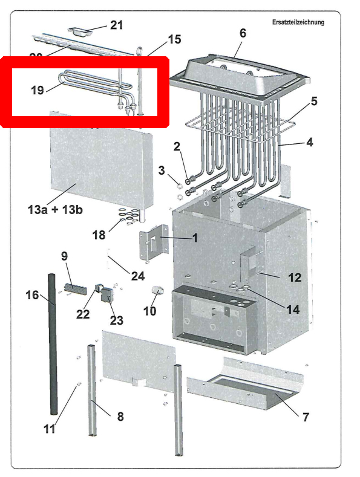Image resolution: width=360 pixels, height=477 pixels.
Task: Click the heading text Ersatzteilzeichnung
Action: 298,22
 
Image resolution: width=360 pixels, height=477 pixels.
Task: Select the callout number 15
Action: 174,39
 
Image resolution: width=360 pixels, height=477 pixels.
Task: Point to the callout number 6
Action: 243,33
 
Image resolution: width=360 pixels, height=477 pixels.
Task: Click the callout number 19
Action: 38,90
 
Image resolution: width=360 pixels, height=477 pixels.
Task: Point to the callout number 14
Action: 293,309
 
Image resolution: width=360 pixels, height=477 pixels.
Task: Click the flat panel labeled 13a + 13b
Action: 97,160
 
